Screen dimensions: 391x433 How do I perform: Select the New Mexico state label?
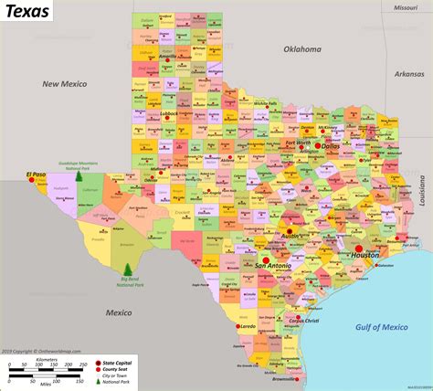click(x=64, y=84)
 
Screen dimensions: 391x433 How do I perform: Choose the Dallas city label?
click(x=330, y=146)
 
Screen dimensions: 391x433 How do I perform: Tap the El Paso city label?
click(x=36, y=174)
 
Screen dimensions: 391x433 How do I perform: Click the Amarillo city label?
click(x=166, y=56)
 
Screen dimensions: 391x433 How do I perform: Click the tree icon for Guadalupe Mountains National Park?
click(x=78, y=174)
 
